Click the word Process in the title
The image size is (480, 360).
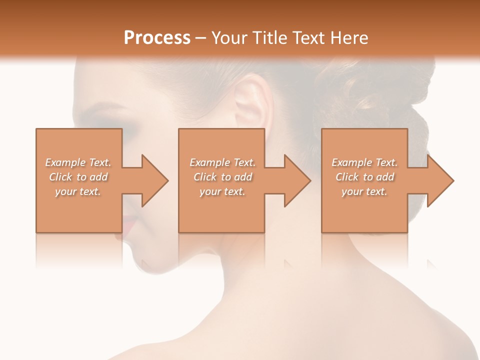[x=157, y=38]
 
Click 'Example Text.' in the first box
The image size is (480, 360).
[x=78, y=162]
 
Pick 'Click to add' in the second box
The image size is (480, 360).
[x=222, y=177]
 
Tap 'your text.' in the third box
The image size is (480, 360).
[x=364, y=191]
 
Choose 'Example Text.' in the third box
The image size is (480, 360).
[x=364, y=162]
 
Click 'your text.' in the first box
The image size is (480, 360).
[x=78, y=191]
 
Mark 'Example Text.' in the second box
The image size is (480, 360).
[x=222, y=162]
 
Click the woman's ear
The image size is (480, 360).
[x=250, y=100]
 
